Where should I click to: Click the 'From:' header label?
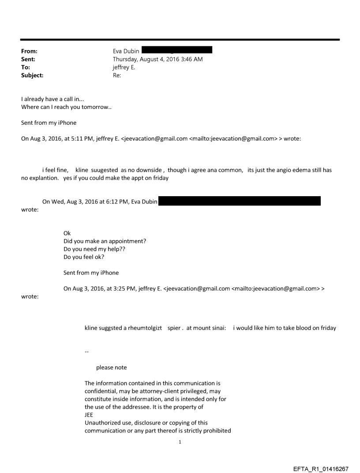pos(29,51)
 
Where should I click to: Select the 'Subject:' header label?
pos(32,75)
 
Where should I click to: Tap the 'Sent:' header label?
pos(28,59)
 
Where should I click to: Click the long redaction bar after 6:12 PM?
pos(239,202)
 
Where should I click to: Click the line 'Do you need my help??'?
pos(92,249)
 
